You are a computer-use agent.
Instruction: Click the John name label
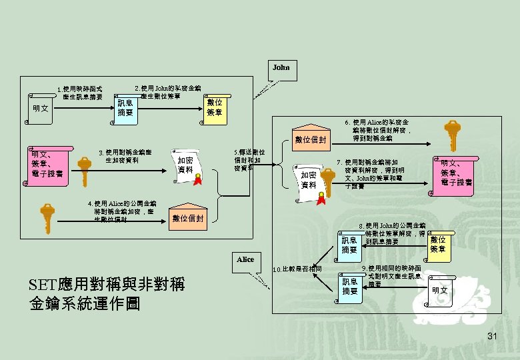[281, 67]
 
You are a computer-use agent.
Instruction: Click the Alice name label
[245, 259]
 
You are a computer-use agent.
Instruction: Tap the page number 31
[493, 335]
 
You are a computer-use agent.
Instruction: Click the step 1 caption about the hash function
[79, 93]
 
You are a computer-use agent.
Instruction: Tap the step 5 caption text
[249, 160]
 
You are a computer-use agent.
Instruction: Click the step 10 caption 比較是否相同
[298, 269]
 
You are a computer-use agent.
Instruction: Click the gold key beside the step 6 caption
[453, 138]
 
